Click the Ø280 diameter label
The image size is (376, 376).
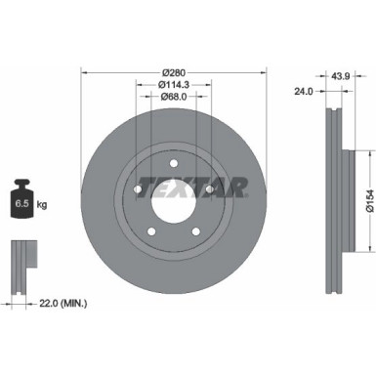click(x=174, y=70)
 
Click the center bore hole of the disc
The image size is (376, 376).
click(x=167, y=200)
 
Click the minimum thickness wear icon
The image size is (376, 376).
click(x=21, y=263)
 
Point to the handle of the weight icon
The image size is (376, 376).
click(x=21, y=185)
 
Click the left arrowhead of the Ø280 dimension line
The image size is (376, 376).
click(x=85, y=70)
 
